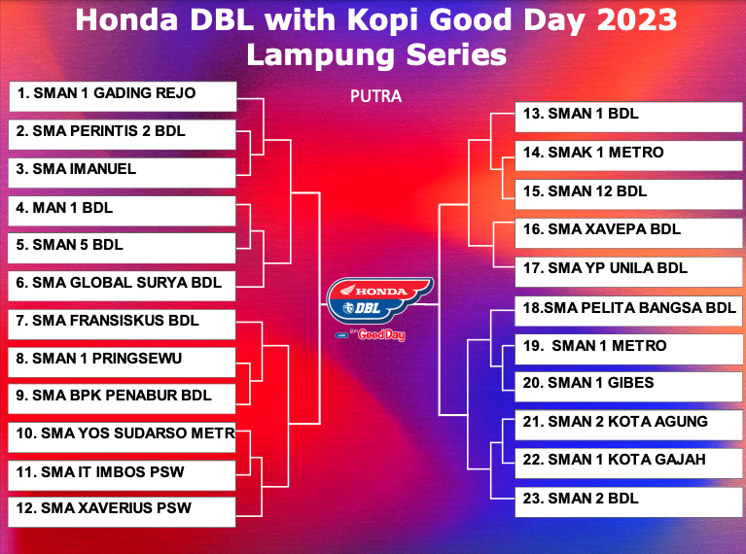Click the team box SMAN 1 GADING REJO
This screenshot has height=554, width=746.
tap(123, 96)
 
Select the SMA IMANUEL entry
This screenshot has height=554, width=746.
tap(122, 173)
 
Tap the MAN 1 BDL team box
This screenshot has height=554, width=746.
tap(122, 211)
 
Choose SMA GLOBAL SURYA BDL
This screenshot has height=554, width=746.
tap(122, 286)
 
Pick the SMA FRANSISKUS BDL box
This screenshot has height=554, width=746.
tap(122, 325)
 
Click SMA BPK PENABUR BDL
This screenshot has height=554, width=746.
tap(122, 398)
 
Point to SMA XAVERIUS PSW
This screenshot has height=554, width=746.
tap(122, 511)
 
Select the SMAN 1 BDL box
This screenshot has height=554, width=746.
tap(629, 117)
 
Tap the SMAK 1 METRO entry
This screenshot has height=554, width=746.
tap(629, 156)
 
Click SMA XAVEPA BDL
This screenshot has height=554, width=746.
tap(629, 233)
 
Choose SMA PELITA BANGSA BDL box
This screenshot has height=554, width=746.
tap(629, 311)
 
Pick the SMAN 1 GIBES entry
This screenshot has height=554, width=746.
tap(629, 387)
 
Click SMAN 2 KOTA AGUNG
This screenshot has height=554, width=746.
tap(629, 425)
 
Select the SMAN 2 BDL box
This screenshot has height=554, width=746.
tap(629, 502)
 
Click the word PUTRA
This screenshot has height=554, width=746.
tap(375, 96)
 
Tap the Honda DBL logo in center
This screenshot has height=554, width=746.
tap(379, 299)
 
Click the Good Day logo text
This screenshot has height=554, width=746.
tap(381, 334)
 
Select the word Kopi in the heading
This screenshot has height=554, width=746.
tap(383, 21)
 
